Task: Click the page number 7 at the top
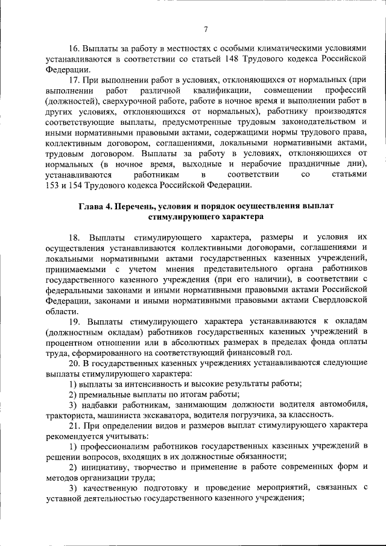pos(206,30)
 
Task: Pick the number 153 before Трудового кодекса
pos(52,185)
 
